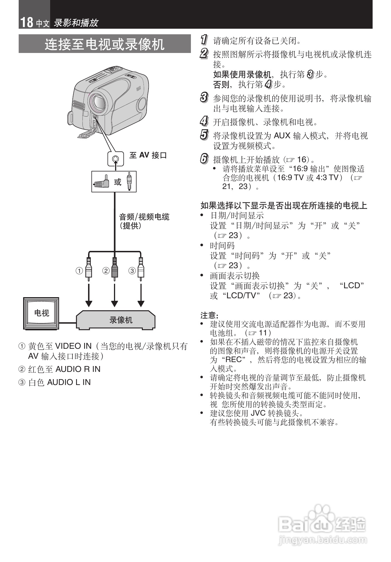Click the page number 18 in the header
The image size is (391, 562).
(x=26, y=22)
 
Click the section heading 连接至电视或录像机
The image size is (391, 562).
(x=105, y=44)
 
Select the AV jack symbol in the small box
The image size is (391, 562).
(x=115, y=159)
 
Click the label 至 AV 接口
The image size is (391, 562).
(x=148, y=155)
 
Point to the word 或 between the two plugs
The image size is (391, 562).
(x=118, y=182)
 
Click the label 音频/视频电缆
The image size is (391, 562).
(x=144, y=217)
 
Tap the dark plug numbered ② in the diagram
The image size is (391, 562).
(x=115, y=269)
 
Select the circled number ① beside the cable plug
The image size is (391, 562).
(x=80, y=271)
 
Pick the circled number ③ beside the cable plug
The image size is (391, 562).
(x=132, y=271)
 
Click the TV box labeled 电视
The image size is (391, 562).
(x=42, y=313)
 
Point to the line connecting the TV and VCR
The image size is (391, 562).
(x=67, y=323)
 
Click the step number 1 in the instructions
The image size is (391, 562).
(x=204, y=40)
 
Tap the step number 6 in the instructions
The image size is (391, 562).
(x=204, y=159)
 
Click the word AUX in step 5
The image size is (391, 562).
(x=282, y=136)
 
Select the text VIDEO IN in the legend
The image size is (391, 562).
(x=73, y=346)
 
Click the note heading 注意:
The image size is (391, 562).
(x=209, y=315)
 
